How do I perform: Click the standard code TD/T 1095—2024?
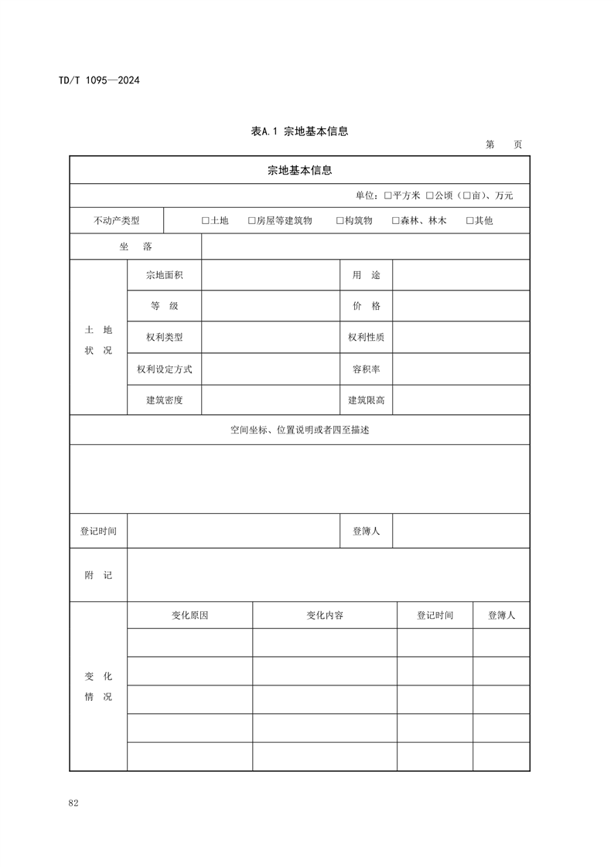point(99,80)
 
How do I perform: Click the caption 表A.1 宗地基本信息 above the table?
point(299,131)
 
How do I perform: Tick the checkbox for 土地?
point(206,221)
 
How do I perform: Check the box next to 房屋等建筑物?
point(252,221)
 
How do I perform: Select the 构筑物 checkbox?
point(340,221)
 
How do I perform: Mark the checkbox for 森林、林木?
point(396,221)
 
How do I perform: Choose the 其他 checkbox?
point(470,221)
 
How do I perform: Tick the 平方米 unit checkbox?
point(388,196)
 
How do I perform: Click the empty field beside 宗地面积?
point(270,275)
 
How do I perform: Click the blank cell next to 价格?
point(461,306)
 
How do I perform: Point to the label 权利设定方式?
point(165,369)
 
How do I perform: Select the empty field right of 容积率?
point(461,369)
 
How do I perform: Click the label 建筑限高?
point(367,400)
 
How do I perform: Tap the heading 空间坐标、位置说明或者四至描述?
point(299,430)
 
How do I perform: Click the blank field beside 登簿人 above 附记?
point(461,532)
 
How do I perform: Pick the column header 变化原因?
point(189,616)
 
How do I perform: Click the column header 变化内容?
point(325,616)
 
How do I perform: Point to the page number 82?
point(73,804)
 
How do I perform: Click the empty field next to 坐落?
point(365,246)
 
